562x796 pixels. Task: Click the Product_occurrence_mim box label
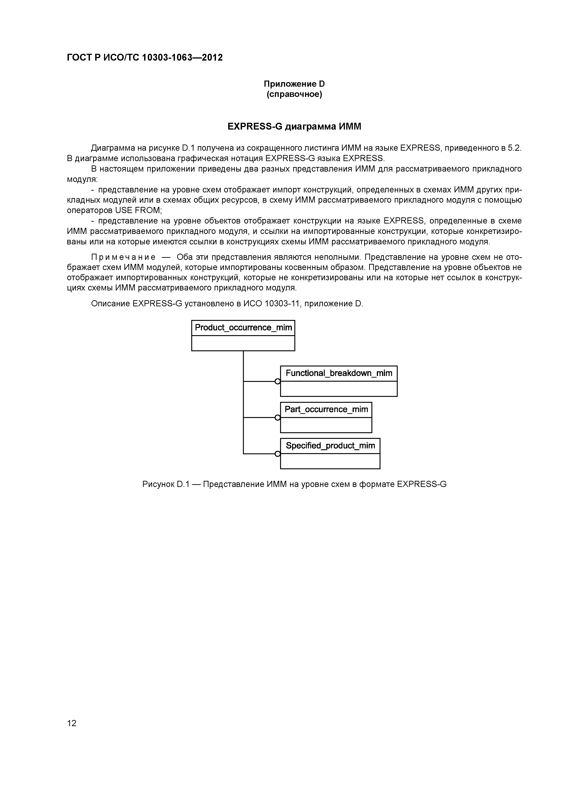click(243, 328)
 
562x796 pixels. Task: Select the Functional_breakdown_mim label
click(339, 373)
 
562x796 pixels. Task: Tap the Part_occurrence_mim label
click(326, 409)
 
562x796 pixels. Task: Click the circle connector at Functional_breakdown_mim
click(277, 381)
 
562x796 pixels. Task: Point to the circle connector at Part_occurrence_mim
click(277, 418)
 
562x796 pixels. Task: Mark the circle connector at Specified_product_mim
click(277, 454)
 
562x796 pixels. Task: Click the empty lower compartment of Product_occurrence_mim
click(243, 343)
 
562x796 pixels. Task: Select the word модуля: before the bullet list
click(82, 179)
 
